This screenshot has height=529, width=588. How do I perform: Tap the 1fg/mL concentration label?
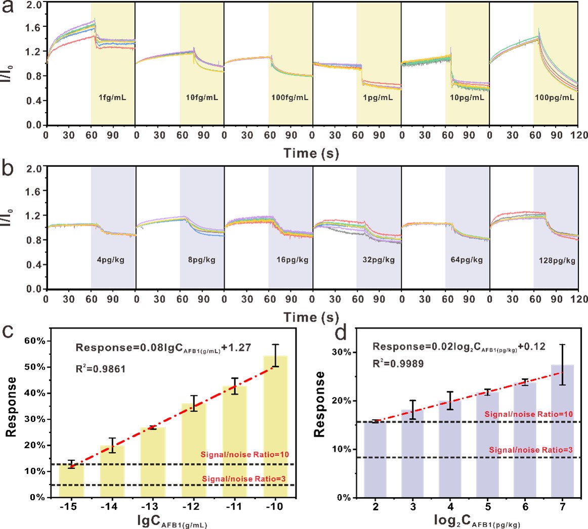tap(113, 98)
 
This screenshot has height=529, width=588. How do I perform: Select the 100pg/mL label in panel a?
tap(555, 98)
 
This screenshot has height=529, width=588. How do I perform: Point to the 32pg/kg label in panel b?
tap(378, 260)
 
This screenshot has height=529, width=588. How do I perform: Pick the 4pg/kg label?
tap(113, 260)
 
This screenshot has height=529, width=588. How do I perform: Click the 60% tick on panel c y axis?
tap(35, 341)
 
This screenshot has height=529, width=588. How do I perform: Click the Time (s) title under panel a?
tap(311, 152)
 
